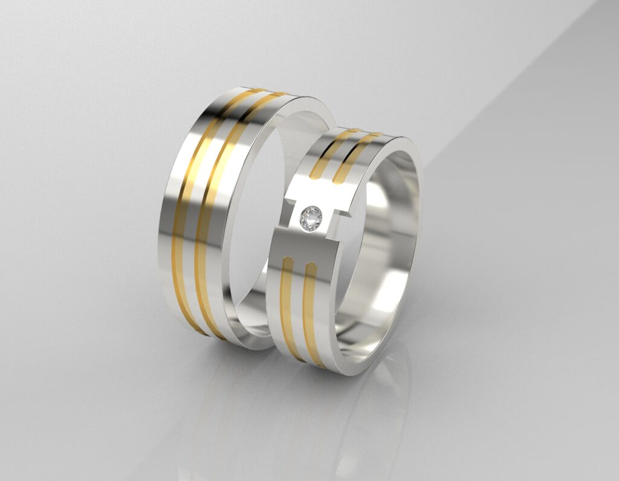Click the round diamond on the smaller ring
tap(312, 218)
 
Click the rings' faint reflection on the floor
tap(339, 411)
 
